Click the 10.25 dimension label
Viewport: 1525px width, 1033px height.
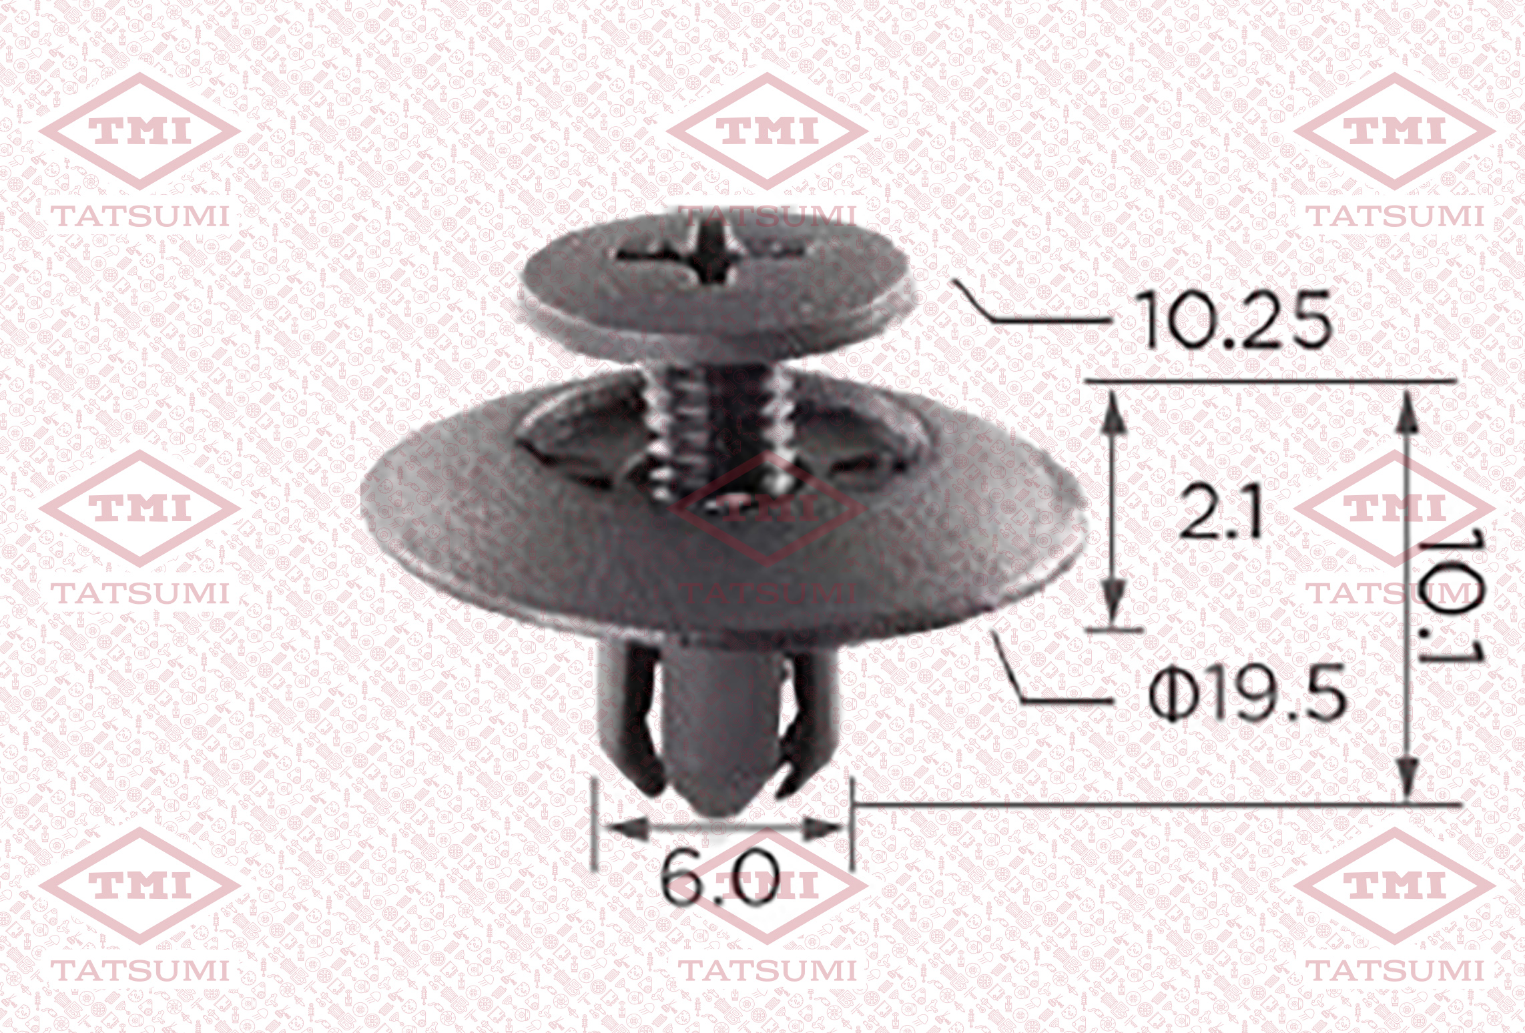tap(1231, 320)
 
